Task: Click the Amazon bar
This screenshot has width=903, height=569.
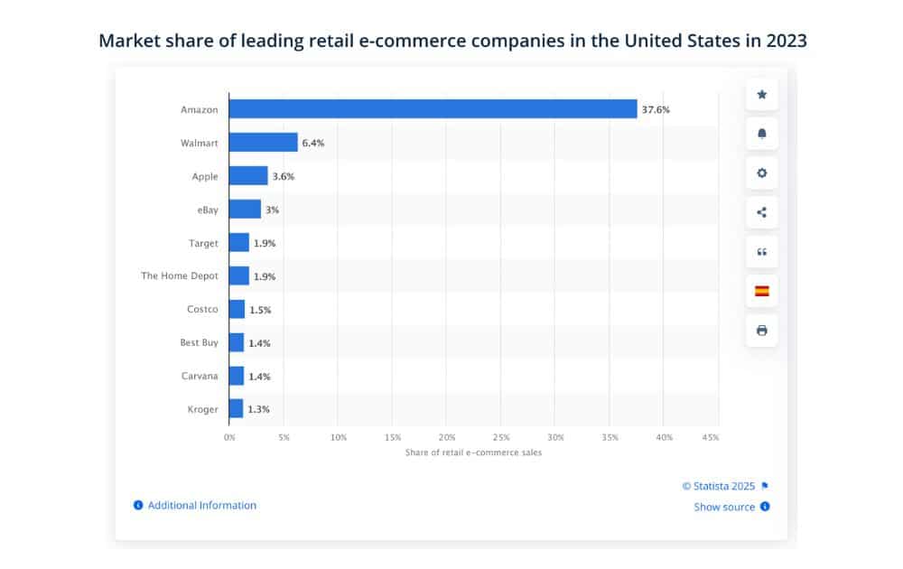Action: (433, 109)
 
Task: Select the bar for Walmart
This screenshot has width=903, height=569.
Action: (263, 143)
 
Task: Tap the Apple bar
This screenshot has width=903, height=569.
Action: (248, 176)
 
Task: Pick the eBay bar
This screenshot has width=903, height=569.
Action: (245, 210)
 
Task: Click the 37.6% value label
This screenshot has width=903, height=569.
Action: (656, 110)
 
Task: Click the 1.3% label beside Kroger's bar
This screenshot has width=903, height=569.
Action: (259, 409)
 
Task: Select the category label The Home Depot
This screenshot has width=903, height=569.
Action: (180, 276)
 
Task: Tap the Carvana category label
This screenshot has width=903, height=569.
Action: (200, 376)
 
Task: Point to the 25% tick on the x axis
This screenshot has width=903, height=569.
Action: (501, 437)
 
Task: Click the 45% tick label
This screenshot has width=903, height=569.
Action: (710, 437)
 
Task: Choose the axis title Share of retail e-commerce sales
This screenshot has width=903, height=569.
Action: (474, 452)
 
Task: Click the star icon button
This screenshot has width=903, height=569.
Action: (761, 95)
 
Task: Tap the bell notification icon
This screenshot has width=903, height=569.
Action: (761, 134)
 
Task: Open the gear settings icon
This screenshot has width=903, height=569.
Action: (761, 173)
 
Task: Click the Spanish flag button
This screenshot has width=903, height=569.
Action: (761, 291)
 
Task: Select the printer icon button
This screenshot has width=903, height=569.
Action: (761, 331)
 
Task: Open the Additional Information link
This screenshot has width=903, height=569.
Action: (201, 506)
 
